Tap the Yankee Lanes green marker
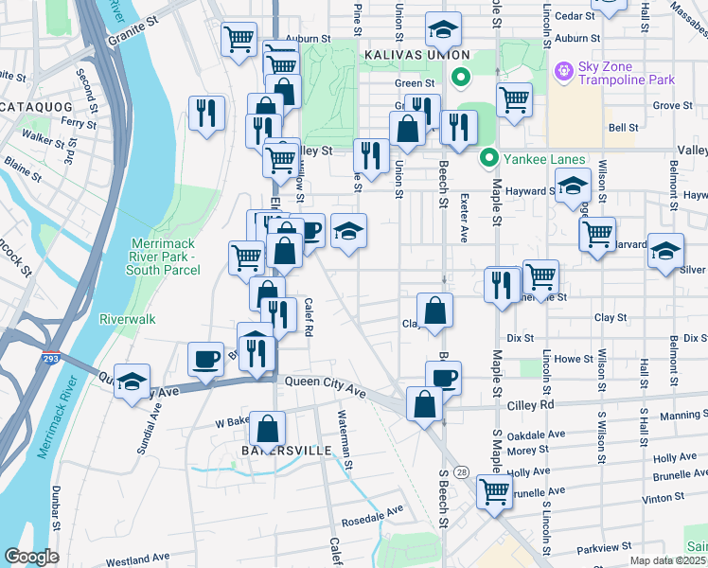488,159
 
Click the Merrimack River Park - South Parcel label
166,257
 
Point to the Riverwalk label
128,320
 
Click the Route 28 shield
461,471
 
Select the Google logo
31,557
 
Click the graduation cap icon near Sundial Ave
133,382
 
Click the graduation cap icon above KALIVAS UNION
442,30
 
